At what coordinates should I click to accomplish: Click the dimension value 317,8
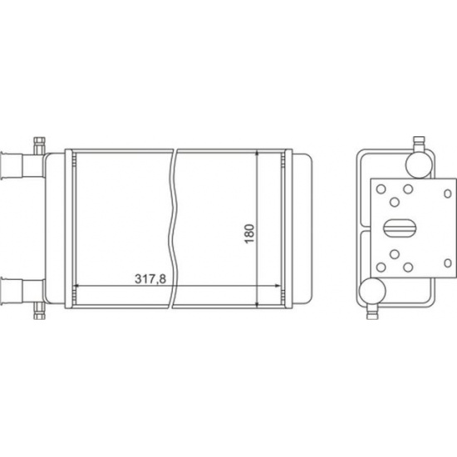pyautogui.click(x=150, y=279)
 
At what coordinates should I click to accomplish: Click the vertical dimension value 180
pyautogui.click(x=249, y=233)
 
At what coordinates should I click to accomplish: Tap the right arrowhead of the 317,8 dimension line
pyautogui.click(x=278, y=286)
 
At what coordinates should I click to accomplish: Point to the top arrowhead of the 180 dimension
pyautogui.click(x=257, y=154)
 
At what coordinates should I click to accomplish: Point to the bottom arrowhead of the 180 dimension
pyautogui.click(x=257, y=304)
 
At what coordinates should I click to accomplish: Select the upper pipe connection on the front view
pyautogui.click(x=22, y=165)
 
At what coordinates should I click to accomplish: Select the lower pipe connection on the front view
pyautogui.click(x=22, y=292)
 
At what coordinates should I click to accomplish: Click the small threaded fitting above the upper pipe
pyautogui.click(x=39, y=145)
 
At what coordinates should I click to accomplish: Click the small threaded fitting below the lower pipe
pyautogui.click(x=39, y=312)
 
